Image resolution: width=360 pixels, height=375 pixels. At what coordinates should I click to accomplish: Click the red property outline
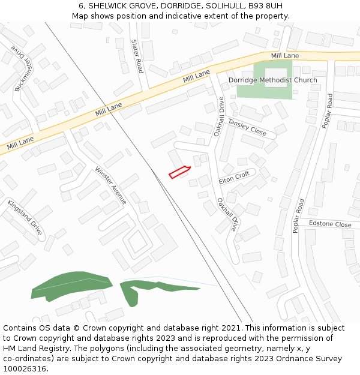pos(179,172)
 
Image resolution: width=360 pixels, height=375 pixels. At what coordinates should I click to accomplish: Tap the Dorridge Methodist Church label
pos(272,80)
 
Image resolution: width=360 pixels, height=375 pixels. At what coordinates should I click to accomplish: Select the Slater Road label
pos(137,56)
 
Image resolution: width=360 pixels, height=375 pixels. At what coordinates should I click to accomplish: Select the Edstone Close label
pos(330,224)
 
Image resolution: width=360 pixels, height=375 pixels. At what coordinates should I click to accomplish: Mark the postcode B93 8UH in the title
pos(267,5)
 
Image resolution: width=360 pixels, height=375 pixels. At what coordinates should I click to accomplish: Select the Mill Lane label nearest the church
pos(284,56)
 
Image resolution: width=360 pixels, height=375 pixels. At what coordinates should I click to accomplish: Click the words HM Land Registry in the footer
pos(37,348)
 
